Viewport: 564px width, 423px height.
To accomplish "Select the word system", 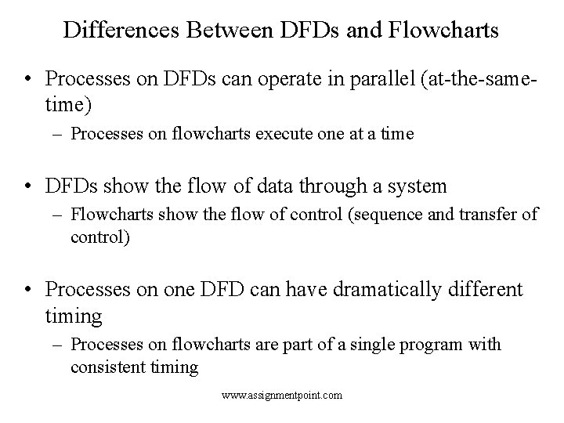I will click(418, 186).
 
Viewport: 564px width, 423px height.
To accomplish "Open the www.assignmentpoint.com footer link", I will click(282, 396).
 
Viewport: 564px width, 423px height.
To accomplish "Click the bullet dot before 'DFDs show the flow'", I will click(27, 186).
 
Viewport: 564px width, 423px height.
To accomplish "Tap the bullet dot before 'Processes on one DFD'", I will click(27, 290).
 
